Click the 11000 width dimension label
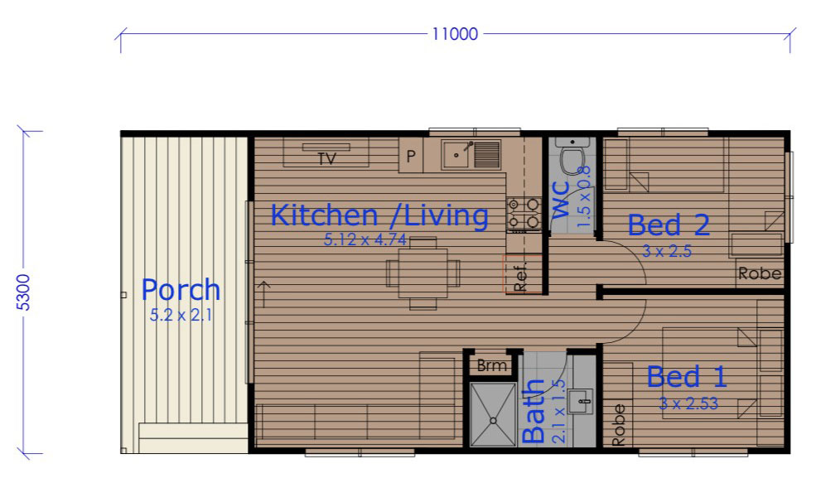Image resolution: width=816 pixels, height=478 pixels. pyautogui.click(x=455, y=34)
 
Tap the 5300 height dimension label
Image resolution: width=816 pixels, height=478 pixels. pyautogui.click(x=24, y=292)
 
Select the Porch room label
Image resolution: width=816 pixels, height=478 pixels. pyautogui.click(x=181, y=290)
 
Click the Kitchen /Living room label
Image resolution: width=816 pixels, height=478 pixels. pyautogui.click(x=379, y=215)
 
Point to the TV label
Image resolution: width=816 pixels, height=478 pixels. pyautogui.click(x=327, y=158)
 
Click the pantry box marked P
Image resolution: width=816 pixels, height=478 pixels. pyautogui.click(x=411, y=155)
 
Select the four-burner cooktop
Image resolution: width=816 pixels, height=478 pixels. pyautogui.click(x=524, y=214)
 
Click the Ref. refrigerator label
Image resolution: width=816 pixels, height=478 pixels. pyautogui.click(x=520, y=278)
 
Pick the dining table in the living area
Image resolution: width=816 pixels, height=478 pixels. pyautogui.click(x=422, y=273)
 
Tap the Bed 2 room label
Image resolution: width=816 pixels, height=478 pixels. pyautogui.click(x=669, y=225)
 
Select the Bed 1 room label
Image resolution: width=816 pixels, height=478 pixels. pyautogui.click(x=687, y=376)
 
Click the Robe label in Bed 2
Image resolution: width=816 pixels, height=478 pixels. pyautogui.click(x=760, y=273)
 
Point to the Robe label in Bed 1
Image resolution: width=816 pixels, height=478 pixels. pyautogui.click(x=618, y=425)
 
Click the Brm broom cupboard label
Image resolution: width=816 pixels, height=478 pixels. pyautogui.click(x=492, y=365)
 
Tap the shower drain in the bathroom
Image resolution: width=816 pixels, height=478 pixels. pyautogui.click(x=493, y=420)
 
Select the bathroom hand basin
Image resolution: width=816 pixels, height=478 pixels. pyautogui.click(x=580, y=402)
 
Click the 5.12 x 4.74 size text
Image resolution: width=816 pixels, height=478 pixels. pyautogui.click(x=365, y=239)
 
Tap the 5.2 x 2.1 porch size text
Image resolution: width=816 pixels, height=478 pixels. pyautogui.click(x=181, y=315)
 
